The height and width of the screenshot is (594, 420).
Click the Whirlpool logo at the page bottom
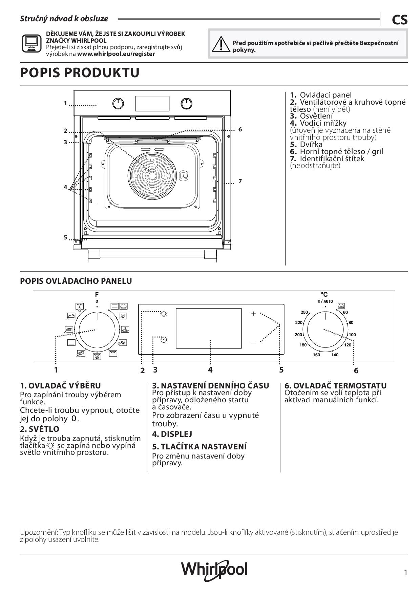(214, 570)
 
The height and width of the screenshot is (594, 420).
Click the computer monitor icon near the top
(31, 43)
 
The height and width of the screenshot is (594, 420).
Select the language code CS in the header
(400, 20)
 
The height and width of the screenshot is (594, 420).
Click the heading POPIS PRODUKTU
(80, 73)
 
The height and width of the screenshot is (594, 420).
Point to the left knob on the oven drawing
(118, 104)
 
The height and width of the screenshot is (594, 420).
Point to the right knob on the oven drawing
(186, 104)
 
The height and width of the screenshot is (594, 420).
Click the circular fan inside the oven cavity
(152, 175)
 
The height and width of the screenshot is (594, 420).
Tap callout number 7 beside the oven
(240, 182)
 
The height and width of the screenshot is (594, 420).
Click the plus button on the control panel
(253, 314)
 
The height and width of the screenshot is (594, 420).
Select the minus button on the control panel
(253, 343)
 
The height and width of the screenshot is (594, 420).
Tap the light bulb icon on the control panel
(164, 314)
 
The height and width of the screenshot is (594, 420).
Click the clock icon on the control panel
(164, 339)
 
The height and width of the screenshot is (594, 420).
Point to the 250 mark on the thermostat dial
(304, 312)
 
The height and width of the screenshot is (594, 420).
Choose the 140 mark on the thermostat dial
(335, 355)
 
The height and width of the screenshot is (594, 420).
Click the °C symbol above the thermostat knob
(324, 295)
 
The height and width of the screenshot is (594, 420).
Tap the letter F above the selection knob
(97, 295)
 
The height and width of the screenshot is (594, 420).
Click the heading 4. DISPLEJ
(172, 434)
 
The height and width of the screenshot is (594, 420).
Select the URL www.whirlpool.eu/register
(116, 54)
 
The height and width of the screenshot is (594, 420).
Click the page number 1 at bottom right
(405, 573)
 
